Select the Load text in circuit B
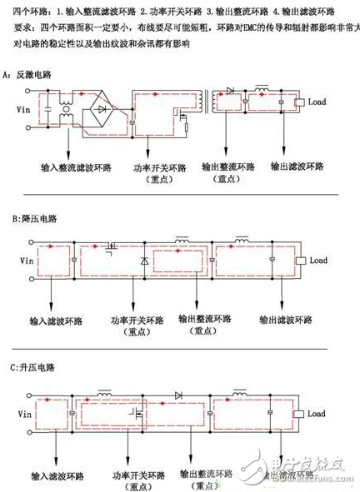tap(319, 261)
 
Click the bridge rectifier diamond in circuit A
tap(102, 109)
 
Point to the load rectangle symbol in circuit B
tap(302, 261)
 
